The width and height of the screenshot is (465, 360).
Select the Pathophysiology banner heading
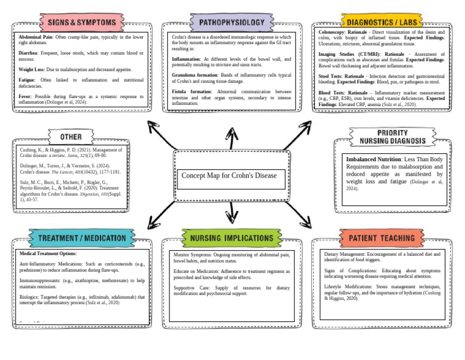click(x=232, y=23)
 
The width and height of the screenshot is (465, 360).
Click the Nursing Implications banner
click(x=232, y=238)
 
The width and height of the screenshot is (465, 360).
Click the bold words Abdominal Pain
click(x=36, y=37)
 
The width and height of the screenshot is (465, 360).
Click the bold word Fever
click(x=26, y=96)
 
